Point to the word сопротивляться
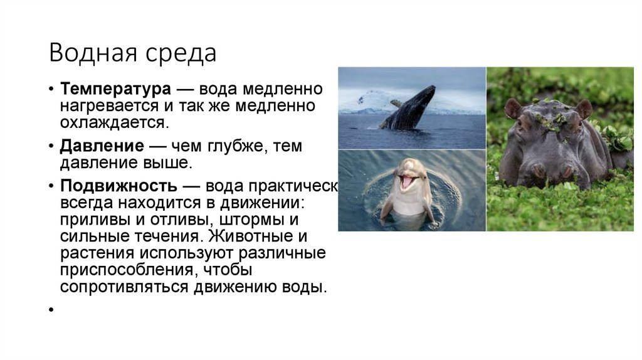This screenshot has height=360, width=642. [x=125, y=287]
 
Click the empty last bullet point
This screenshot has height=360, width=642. [x=48, y=310]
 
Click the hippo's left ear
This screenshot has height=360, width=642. [x=512, y=108]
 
